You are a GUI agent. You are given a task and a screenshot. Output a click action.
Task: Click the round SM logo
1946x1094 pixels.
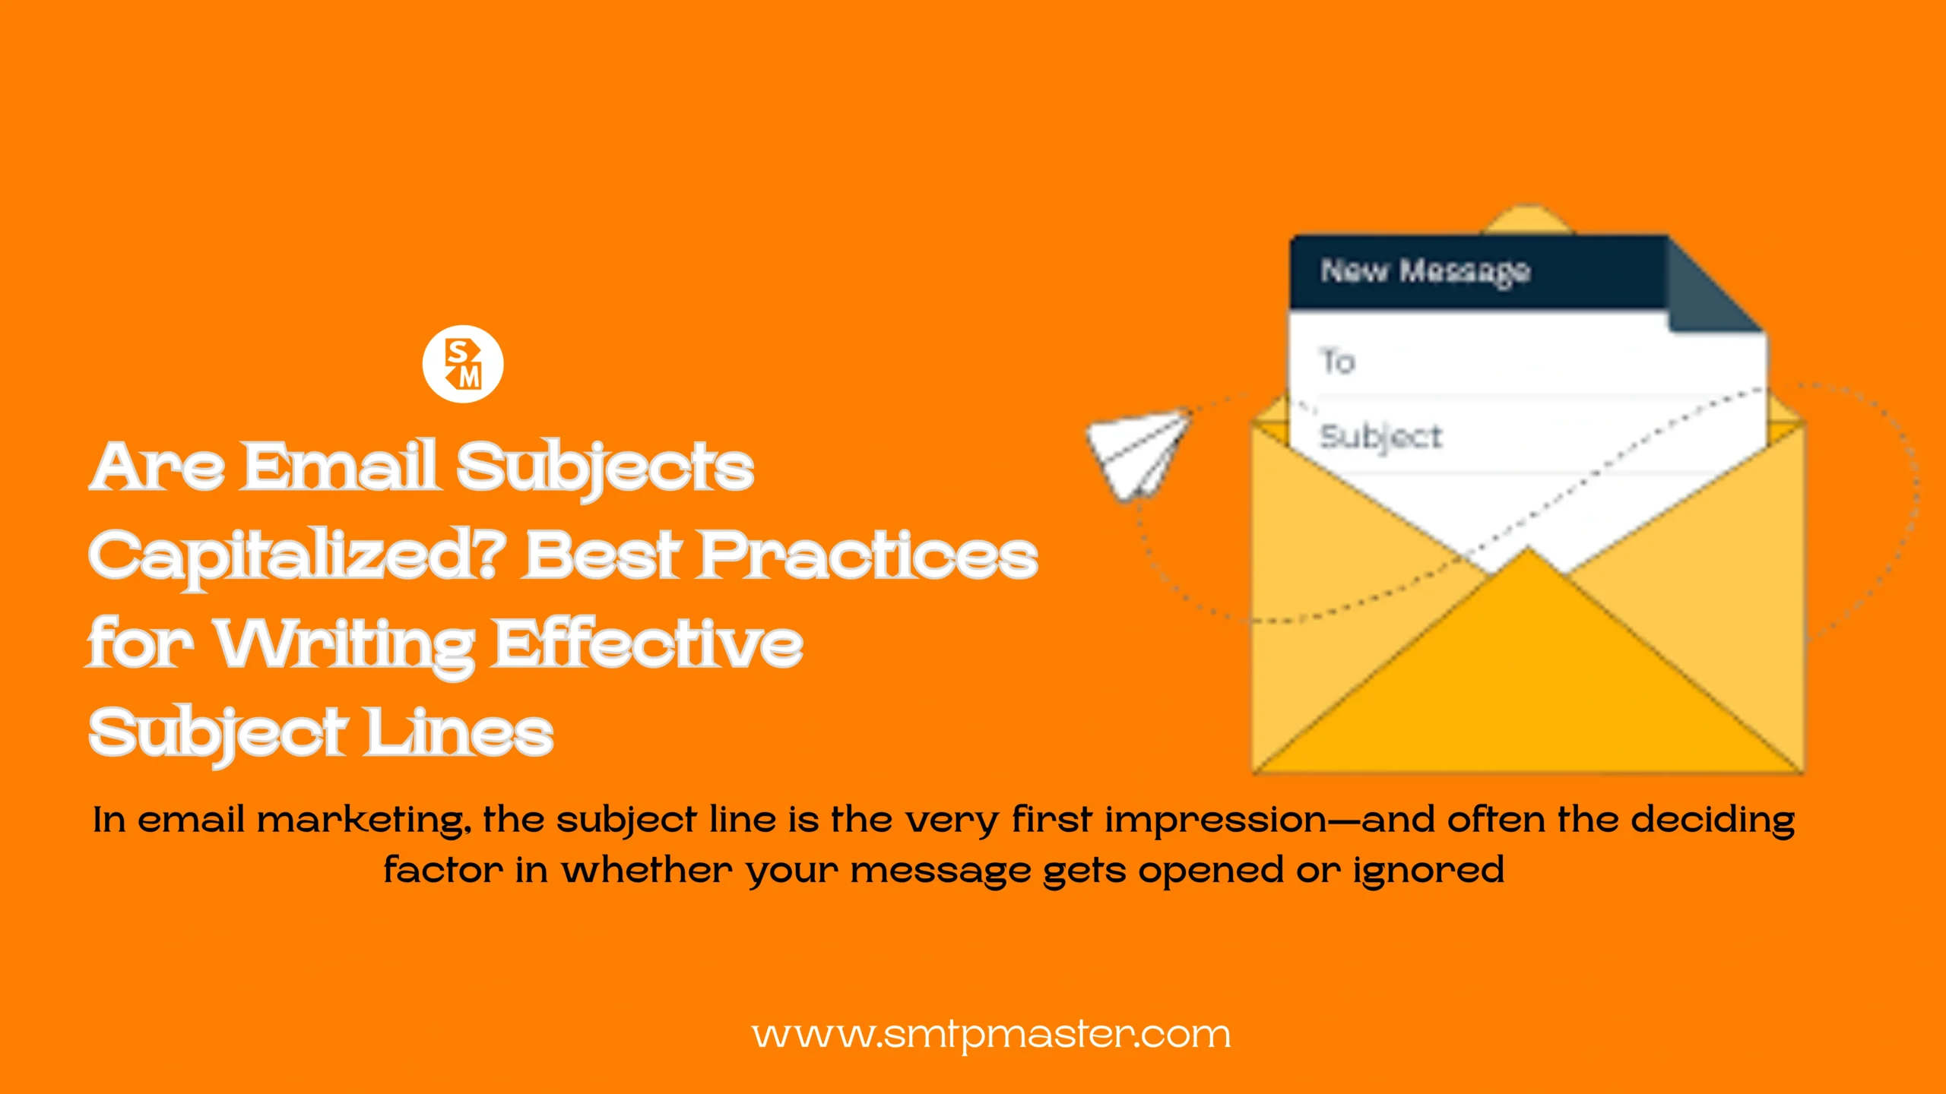[463, 364]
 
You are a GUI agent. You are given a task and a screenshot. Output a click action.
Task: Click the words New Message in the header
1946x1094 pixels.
[1425, 271]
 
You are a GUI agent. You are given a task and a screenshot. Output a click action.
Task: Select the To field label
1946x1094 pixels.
[1337, 362]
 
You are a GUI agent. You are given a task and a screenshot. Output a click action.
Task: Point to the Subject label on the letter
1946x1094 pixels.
[1380, 438]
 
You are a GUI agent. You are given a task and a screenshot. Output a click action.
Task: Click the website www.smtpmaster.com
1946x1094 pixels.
[990, 1035]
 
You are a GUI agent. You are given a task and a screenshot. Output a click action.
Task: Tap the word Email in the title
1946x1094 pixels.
[339, 466]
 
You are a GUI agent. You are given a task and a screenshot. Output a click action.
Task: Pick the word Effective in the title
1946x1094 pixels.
[648, 643]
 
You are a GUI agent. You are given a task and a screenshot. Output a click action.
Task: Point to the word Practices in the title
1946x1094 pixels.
[868, 555]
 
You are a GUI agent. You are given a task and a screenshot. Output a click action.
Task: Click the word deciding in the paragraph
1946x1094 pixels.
[1713, 821]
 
